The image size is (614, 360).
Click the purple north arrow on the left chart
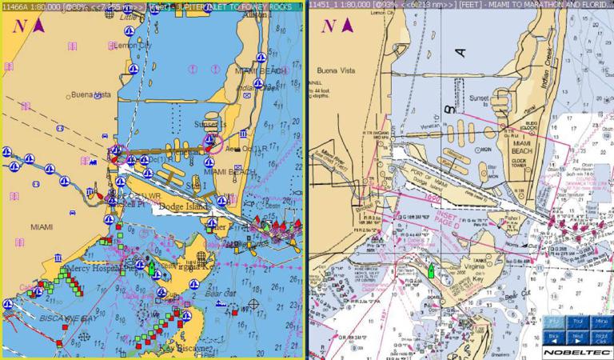[x=38, y=26]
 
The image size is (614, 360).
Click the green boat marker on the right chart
[x=431, y=270]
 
